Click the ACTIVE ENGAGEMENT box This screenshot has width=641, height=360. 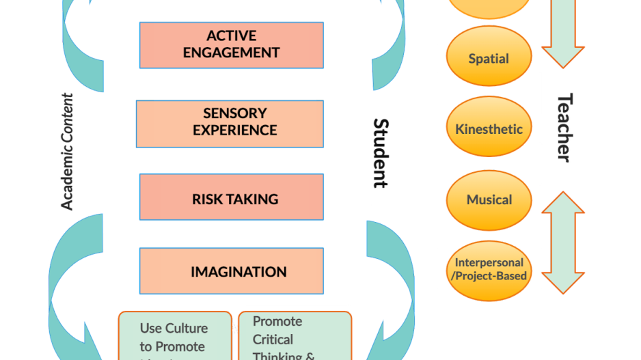coord(231,44)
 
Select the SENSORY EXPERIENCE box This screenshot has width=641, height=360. coord(230,123)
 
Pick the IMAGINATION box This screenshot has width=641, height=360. coord(231,271)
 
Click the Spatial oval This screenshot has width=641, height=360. coord(489,58)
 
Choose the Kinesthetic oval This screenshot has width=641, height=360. coord(489,128)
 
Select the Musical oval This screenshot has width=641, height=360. coord(489,199)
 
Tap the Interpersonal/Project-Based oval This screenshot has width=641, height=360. coord(489,269)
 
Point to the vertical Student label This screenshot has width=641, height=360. coord(381,154)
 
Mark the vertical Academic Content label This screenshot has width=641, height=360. coord(67,152)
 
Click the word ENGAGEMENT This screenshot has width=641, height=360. coord(231,53)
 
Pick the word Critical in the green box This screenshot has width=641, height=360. coord(273,340)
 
